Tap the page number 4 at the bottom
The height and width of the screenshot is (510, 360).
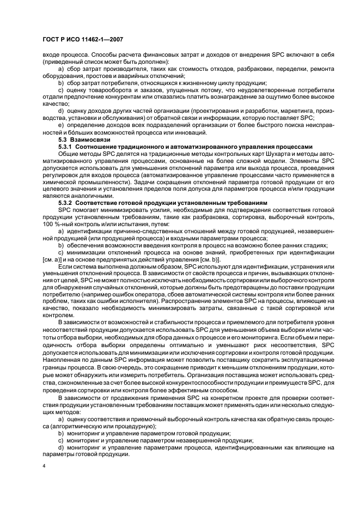pos(44,466)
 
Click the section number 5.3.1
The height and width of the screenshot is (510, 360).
pos(65,147)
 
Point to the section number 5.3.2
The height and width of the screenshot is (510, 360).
pos(65,203)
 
